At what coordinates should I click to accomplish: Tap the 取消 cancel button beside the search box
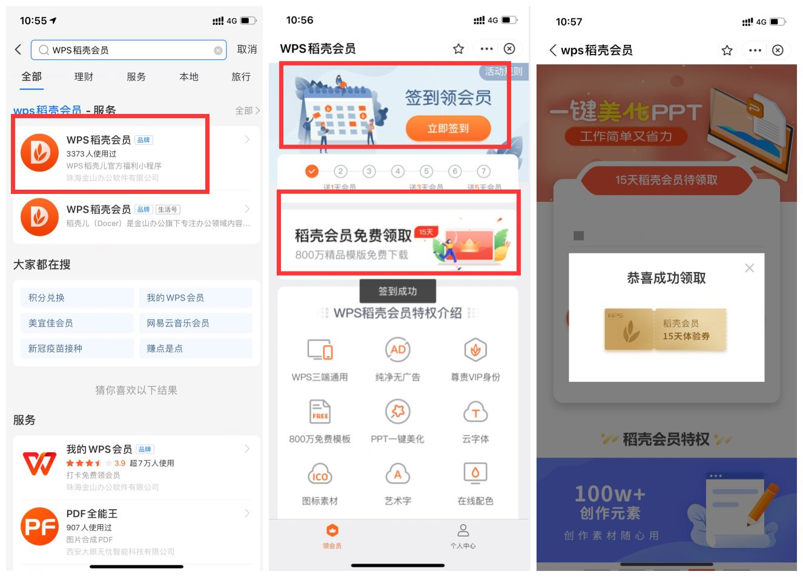(246, 50)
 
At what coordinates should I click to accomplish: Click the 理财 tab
(84, 77)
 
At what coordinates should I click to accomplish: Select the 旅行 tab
(240, 77)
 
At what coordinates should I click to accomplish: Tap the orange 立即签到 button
(448, 128)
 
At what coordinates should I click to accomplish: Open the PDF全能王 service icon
(39, 526)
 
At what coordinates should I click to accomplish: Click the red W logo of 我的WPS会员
(39, 463)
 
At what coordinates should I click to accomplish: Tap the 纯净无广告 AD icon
(398, 350)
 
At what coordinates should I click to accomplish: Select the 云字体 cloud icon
(475, 412)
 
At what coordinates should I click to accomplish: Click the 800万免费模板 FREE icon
(320, 412)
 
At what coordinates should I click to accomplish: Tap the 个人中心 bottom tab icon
(463, 531)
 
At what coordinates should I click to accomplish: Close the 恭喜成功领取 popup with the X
(749, 268)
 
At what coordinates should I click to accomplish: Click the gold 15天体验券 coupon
(666, 330)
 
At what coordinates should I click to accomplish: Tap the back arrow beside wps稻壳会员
(553, 50)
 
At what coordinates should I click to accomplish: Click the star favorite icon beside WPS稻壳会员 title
(458, 49)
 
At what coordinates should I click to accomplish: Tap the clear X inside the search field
(218, 50)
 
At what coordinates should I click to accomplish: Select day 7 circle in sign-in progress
(483, 172)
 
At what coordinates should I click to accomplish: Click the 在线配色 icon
(475, 473)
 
